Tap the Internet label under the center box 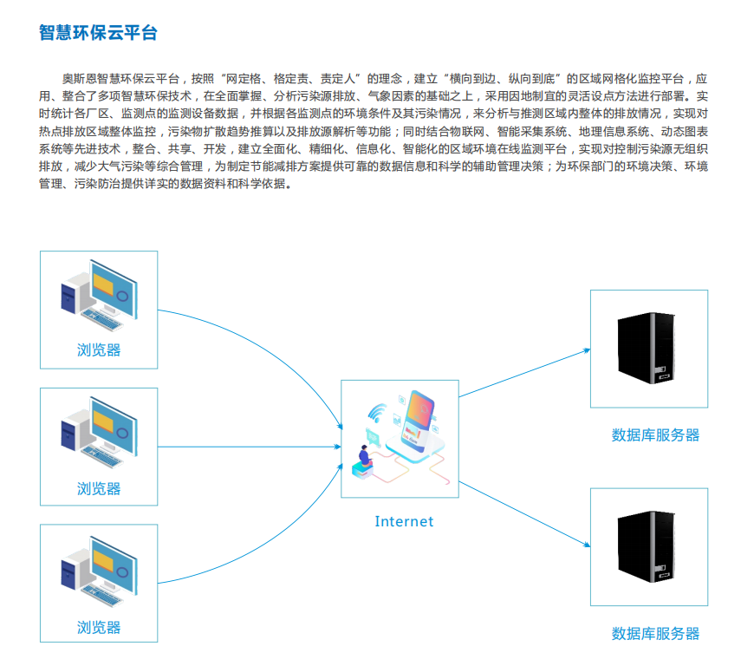[x=403, y=521]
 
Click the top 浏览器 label [x=99, y=350]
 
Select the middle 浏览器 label [x=99, y=488]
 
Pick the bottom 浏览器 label [x=99, y=627]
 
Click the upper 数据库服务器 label [x=654, y=435]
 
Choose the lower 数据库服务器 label [x=654, y=634]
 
